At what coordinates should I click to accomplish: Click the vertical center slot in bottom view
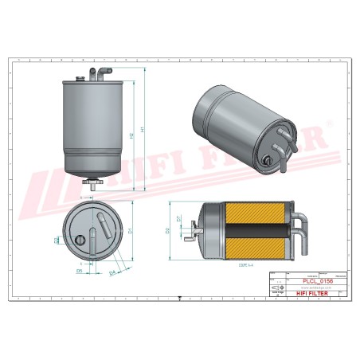click(94, 240)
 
